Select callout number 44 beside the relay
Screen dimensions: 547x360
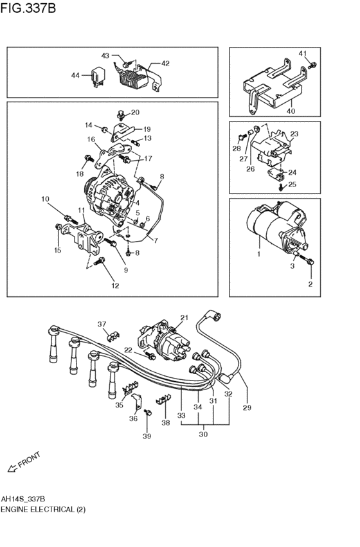pos(76,75)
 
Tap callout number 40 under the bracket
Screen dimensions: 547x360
pos(291,111)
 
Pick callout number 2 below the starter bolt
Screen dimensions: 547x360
pos(310,283)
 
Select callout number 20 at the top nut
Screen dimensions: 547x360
pos(135,112)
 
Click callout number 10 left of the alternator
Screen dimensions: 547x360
pos(46,199)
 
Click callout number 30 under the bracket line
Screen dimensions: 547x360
pos(204,435)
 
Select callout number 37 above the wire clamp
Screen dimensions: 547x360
pos(102,323)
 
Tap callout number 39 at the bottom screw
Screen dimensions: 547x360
pos(147,436)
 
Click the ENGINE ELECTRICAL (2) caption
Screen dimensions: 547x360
pos(42,508)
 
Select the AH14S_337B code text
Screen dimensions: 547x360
pos(23,498)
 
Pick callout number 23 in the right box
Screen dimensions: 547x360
pos(295,134)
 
